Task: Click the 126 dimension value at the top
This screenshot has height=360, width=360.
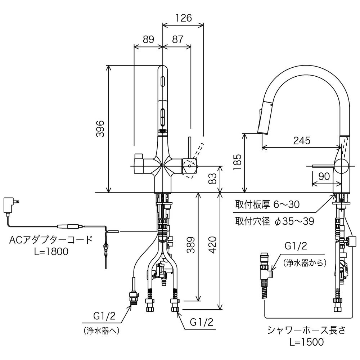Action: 184,18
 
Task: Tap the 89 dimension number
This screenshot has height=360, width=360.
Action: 148,40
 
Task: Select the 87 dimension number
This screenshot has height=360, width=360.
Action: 177,40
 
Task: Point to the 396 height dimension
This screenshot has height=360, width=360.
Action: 100,129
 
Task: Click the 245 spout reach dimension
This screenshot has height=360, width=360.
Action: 302,140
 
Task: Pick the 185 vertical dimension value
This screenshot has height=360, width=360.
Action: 237,162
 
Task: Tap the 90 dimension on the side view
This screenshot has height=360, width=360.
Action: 324,176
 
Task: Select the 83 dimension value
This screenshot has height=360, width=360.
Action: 213,179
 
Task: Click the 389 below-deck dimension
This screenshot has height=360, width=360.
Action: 191,245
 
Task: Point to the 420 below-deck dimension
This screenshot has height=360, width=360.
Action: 213,245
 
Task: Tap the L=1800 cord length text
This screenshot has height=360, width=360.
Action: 51,251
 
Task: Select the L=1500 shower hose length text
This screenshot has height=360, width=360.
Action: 306,342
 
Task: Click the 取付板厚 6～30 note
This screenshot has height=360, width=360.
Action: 267,204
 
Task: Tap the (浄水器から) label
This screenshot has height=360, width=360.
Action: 305,263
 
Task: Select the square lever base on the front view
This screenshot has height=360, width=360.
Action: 190,166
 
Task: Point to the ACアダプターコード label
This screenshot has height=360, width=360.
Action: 51,240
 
